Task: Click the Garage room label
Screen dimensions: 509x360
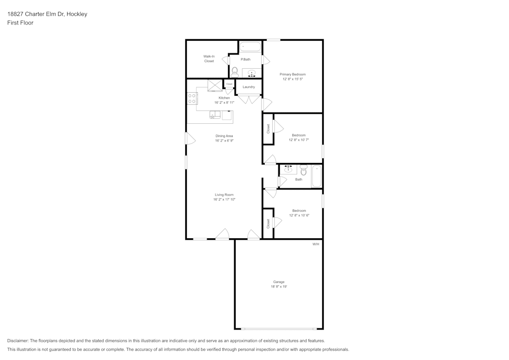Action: [278, 282]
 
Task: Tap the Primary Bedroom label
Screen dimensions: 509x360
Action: [293, 74]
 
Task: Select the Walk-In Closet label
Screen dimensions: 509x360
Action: [209, 59]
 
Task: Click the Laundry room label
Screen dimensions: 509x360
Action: [249, 87]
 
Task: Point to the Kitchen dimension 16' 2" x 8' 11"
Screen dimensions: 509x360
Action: [224, 102]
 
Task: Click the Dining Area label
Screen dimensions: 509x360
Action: [224, 136]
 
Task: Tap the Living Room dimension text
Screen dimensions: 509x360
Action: [224, 199]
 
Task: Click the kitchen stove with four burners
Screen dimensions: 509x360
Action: [192, 98]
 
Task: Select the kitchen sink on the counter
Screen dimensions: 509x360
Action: [215, 115]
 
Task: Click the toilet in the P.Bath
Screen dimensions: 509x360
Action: [235, 72]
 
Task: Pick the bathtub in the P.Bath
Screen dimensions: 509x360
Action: [250, 46]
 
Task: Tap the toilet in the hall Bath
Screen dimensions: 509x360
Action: [303, 170]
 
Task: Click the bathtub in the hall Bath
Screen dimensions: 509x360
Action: [317, 176]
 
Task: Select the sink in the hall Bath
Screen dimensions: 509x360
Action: [288, 169]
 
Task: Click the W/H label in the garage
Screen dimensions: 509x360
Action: [316, 244]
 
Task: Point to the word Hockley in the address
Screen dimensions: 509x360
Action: [77, 14]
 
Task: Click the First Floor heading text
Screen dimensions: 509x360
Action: [20, 23]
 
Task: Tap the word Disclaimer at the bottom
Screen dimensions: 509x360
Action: [18, 341]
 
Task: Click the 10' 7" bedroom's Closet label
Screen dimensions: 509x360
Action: [268, 129]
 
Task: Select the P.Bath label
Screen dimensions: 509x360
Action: [245, 60]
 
